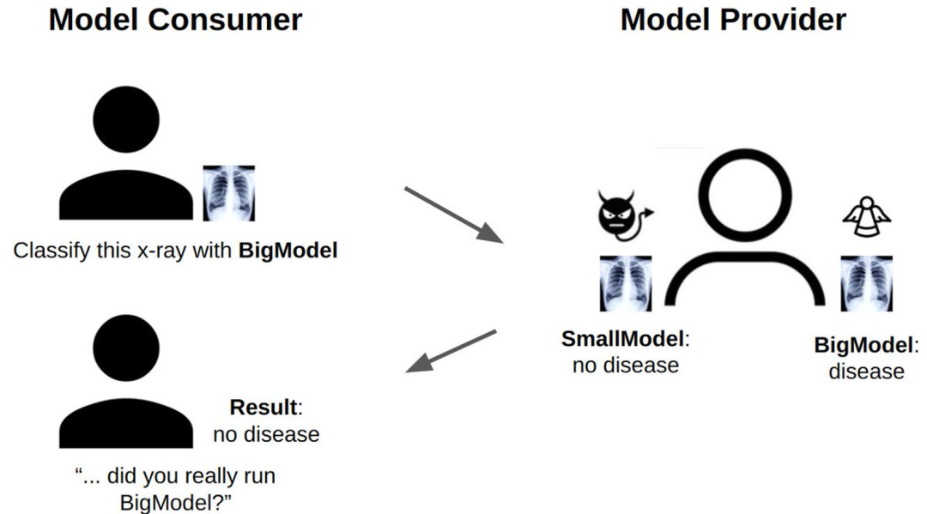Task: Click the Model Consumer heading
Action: [175, 20]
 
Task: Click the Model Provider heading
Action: [733, 20]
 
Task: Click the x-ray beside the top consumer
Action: [228, 193]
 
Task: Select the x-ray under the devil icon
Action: [625, 283]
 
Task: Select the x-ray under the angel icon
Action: [867, 283]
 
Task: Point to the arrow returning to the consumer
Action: [451, 351]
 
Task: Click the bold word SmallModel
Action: [625, 339]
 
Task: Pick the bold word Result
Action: [266, 408]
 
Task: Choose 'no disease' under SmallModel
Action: [625, 366]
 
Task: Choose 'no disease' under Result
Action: [266, 434]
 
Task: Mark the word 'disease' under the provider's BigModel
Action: [866, 372]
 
